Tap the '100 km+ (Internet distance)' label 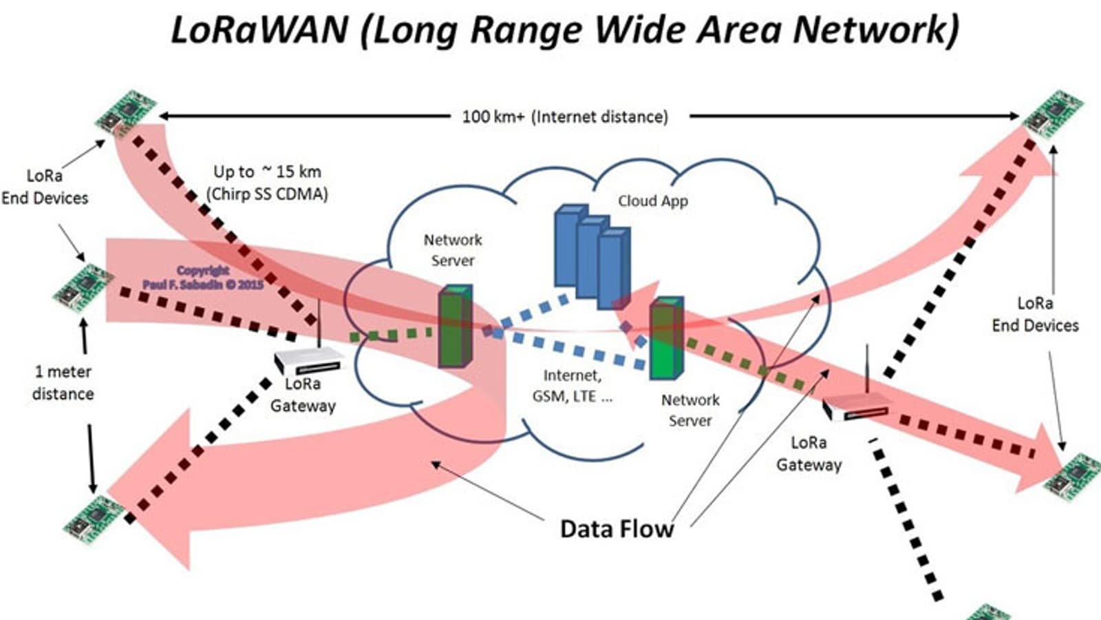pyautogui.click(x=564, y=116)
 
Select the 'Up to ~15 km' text pyautogui.click(x=267, y=172)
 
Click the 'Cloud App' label pyautogui.click(x=652, y=201)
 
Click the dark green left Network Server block pyautogui.click(x=456, y=327)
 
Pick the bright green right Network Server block pyautogui.click(x=666, y=339)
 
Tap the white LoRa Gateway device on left pyautogui.click(x=308, y=361)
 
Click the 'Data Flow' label pyautogui.click(x=617, y=529)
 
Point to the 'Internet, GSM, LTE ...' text pyautogui.click(x=572, y=386)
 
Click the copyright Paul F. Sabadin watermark pyautogui.click(x=203, y=278)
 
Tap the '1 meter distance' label pyautogui.click(x=63, y=383)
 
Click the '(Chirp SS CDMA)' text pyautogui.click(x=267, y=194)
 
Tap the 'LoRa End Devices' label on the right pyautogui.click(x=1035, y=314)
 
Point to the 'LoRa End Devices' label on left pyautogui.click(x=45, y=187)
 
